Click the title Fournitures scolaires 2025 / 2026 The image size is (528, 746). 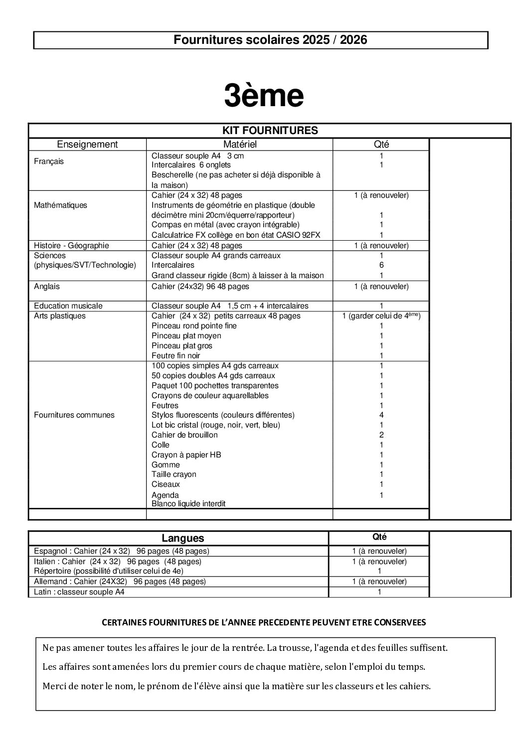[270, 40]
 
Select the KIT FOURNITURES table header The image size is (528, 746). [270, 131]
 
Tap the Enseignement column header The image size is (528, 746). [87, 145]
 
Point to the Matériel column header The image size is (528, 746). [239, 145]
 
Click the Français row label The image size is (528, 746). [49, 161]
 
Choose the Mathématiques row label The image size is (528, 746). [60, 205]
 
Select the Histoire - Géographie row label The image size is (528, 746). [71, 245]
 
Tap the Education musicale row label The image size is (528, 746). [68, 305]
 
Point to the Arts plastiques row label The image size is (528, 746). [60, 315]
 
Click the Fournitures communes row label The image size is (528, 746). [74, 415]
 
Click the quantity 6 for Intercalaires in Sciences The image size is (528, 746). [381, 265]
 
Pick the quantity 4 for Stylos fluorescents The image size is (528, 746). [381, 415]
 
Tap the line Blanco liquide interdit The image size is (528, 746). [188, 504]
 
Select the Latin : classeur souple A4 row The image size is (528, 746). [79, 592]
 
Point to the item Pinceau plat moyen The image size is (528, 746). [186, 335]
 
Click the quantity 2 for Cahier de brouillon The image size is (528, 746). [381, 435]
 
